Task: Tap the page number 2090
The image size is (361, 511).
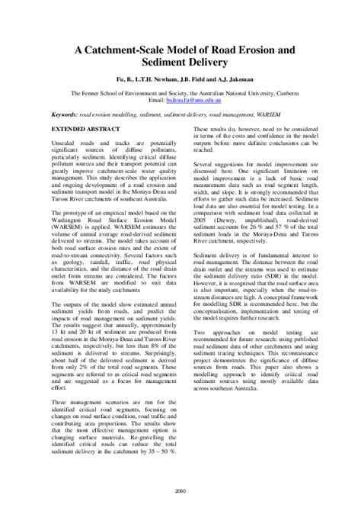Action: tap(180, 490)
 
